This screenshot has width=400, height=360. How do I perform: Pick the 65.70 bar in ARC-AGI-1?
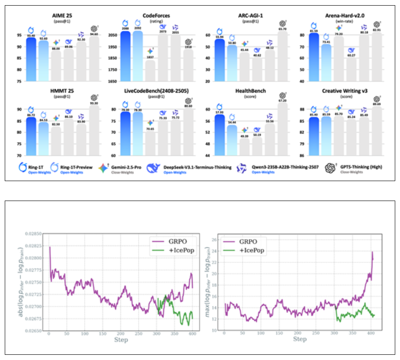click(282, 56)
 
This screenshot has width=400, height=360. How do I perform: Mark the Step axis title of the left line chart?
click(120, 339)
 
